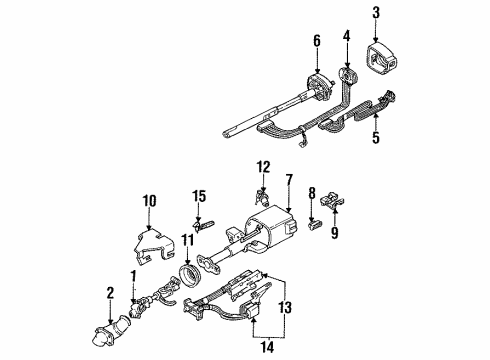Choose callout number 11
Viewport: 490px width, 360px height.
(x=186, y=242)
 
